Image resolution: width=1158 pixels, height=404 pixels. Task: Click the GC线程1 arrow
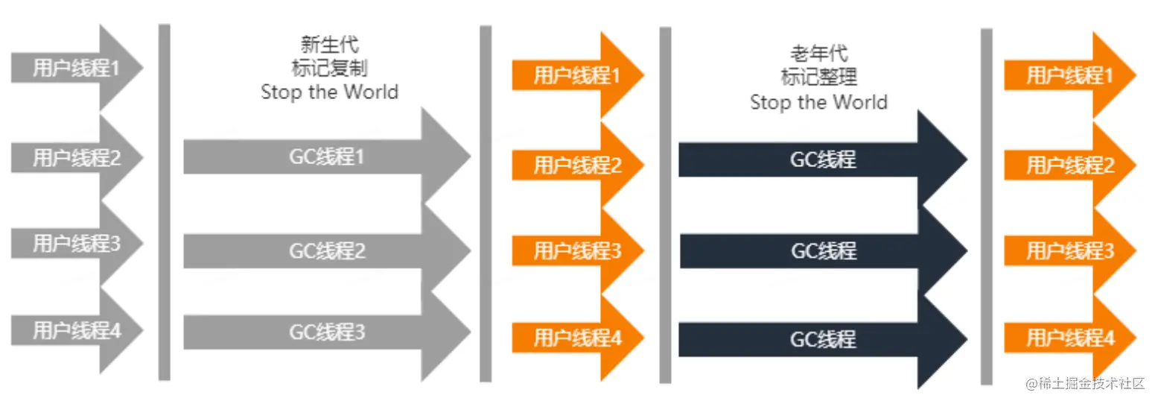(327, 157)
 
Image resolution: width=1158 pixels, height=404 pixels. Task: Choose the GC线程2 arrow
(327, 251)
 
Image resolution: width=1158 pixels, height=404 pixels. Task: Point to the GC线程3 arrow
(327, 332)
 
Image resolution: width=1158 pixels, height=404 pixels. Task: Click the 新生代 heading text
(329, 45)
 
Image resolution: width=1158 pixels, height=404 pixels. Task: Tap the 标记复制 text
(329, 68)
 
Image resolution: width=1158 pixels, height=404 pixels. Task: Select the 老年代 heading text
(818, 53)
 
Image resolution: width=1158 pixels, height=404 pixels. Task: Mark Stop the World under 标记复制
(329, 92)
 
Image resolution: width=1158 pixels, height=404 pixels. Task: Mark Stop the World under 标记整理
(818, 101)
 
